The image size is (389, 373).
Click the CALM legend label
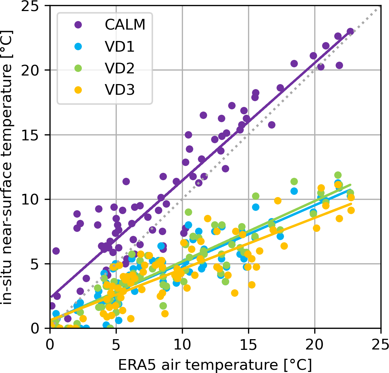pyautogui.click(x=125, y=25)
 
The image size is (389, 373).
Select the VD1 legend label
pyautogui.click(x=120, y=47)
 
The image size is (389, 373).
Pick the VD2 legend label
pyautogui.click(x=120, y=68)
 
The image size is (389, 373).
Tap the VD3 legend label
pyautogui.click(x=120, y=90)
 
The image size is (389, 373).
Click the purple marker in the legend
pyautogui.click(x=78, y=25)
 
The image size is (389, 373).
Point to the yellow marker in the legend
pyautogui.click(x=78, y=90)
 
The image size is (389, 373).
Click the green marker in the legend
pyautogui.click(x=78, y=68)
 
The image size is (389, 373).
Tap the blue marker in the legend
pyautogui.click(x=78, y=47)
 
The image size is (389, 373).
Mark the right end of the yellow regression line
pyautogui.click(x=351, y=203)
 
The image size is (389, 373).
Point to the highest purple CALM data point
pyautogui.click(x=350, y=31)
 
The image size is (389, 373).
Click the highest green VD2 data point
pyautogui.click(x=338, y=175)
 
